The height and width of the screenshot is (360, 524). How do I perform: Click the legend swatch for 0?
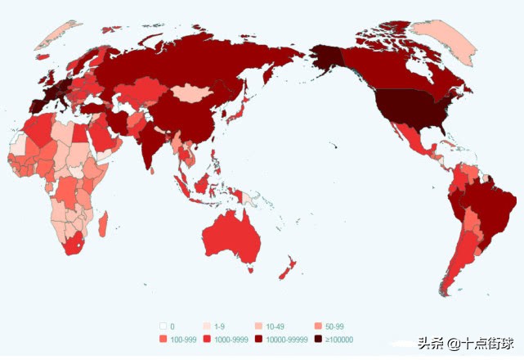[163, 326]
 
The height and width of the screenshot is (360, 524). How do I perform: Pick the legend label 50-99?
[334, 326]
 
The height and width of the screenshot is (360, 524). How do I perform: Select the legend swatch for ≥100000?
[318, 339]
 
